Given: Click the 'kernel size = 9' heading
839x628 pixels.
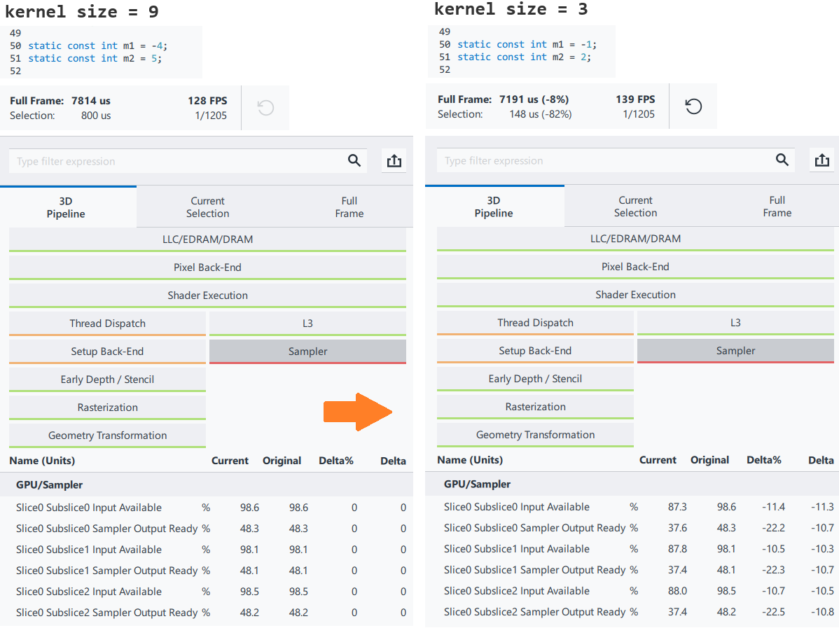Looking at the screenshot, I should (82, 11).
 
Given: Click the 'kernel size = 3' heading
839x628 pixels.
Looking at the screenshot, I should (511, 10).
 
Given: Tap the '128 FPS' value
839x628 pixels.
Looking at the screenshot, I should (207, 101).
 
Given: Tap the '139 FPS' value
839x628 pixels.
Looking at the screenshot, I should (635, 99).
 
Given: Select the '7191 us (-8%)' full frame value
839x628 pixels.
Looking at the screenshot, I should (534, 99).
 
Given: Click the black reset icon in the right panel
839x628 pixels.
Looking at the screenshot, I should (693, 106).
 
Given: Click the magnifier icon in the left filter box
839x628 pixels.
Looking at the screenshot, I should (354, 160).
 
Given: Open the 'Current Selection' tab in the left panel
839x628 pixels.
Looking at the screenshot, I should (207, 207).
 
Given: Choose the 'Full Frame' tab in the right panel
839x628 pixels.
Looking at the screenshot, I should (777, 207).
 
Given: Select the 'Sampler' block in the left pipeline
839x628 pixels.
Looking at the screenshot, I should (307, 351).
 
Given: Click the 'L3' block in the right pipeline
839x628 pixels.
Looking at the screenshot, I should (735, 323).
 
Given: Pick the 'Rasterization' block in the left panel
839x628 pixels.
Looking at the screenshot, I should (108, 407).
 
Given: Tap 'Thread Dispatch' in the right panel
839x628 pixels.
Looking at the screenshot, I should (535, 323).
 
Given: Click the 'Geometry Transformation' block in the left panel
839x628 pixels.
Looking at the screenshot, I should (108, 435).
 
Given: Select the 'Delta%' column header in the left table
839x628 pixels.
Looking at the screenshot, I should (336, 461).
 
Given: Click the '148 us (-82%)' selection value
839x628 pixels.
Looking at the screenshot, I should (540, 114).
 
